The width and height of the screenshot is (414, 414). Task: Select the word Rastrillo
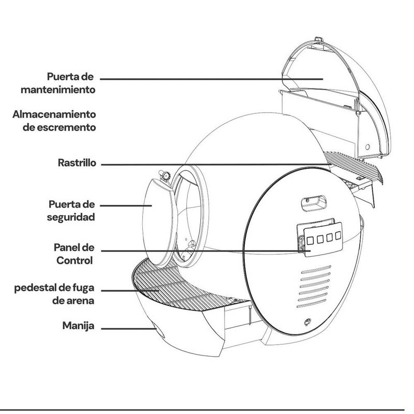(77, 162)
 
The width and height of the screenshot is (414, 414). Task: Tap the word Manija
(78, 327)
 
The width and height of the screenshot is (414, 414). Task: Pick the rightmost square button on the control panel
(337, 236)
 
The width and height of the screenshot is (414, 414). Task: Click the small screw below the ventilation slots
(308, 322)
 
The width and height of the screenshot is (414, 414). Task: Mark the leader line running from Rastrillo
(207, 165)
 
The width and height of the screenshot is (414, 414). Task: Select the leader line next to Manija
(127, 328)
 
